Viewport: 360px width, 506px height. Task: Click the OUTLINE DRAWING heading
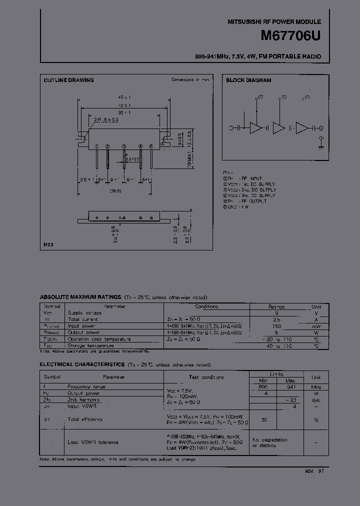point(68,80)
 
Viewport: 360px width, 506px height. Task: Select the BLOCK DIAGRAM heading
point(248,80)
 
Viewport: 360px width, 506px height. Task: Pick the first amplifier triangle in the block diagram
point(255,128)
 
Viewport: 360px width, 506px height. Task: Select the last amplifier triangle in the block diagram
point(303,128)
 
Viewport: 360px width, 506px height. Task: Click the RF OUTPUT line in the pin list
point(250,201)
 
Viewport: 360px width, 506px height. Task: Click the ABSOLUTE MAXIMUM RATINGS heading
point(80,297)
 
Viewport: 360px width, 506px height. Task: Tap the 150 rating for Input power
point(276,326)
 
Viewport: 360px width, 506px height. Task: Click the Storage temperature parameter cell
point(90,345)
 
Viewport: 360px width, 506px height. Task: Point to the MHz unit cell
point(316,386)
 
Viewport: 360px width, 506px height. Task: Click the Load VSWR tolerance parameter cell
point(92,442)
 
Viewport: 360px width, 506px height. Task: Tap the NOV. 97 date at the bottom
point(314,471)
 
